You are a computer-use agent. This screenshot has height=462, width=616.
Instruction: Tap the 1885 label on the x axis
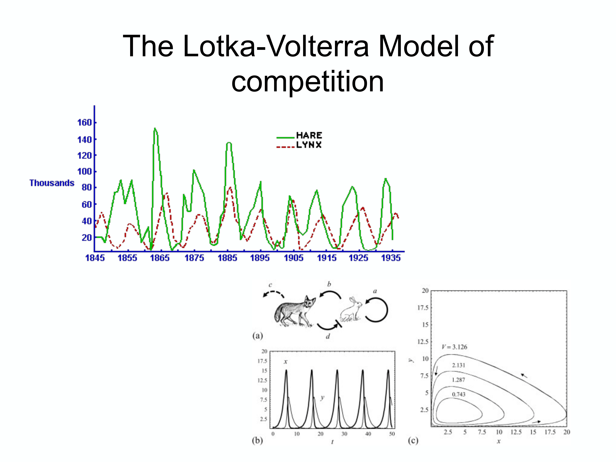pos(227,258)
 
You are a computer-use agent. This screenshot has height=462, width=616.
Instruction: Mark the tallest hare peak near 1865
pos(155,128)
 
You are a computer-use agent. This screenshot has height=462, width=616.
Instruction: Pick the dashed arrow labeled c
pos(273,294)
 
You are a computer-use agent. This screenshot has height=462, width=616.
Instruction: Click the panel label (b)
pos(257,440)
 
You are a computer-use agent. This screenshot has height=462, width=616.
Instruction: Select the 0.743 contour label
pos(458,394)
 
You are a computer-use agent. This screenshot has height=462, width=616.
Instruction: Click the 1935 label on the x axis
pos(391,258)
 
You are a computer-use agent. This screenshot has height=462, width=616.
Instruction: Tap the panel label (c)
pos(413,440)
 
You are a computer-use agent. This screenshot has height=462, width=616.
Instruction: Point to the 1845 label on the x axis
pos(95,258)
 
